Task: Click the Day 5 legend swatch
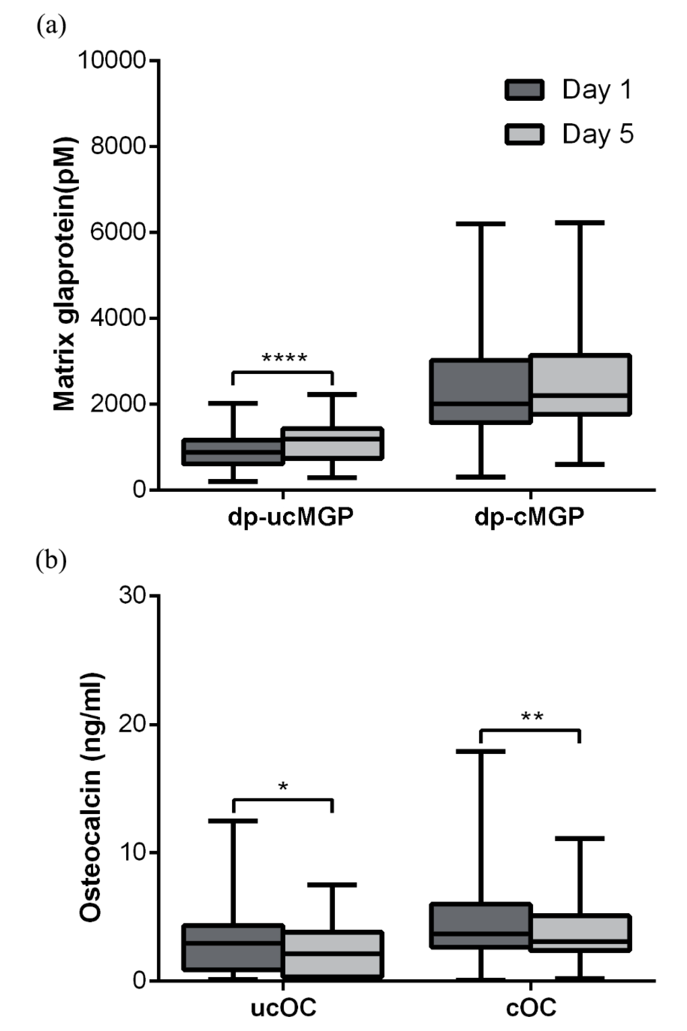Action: [524, 134]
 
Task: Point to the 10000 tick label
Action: [111, 60]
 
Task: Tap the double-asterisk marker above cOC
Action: [532, 718]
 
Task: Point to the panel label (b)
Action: [51, 560]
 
